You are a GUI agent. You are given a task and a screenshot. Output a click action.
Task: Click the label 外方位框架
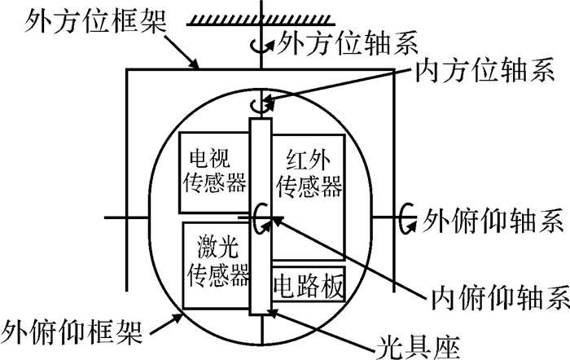click(95, 21)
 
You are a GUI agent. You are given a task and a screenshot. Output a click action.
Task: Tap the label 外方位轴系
click(347, 42)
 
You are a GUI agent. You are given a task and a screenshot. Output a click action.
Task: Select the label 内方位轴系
click(485, 70)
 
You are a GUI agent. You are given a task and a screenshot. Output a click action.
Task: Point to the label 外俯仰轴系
click(493, 221)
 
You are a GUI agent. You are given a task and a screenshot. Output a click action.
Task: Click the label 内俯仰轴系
click(501, 297)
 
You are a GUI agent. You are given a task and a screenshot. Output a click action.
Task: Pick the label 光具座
click(417, 347)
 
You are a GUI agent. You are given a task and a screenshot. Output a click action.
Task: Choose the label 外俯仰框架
click(72, 331)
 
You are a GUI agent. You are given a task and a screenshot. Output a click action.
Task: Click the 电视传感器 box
click(214, 173)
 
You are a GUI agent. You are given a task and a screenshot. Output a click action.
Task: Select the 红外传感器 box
click(308, 197)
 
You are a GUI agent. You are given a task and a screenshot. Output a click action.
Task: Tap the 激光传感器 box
click(217, 266)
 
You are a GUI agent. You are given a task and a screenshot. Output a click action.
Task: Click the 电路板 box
click(309, 284)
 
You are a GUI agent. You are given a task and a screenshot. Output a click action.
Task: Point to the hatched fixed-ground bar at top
click(261, 20)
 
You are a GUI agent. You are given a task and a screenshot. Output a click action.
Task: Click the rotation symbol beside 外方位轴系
click(261, 46)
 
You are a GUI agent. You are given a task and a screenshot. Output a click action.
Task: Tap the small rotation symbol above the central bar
click(261, 105)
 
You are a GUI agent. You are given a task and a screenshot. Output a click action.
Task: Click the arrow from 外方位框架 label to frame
click(181, 51)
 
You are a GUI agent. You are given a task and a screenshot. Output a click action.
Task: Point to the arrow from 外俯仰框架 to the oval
click(166, 323)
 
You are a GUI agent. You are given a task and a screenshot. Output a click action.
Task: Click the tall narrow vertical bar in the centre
click(261, 216)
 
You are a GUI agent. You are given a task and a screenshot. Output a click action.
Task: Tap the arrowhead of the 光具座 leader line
click(272, 313)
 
